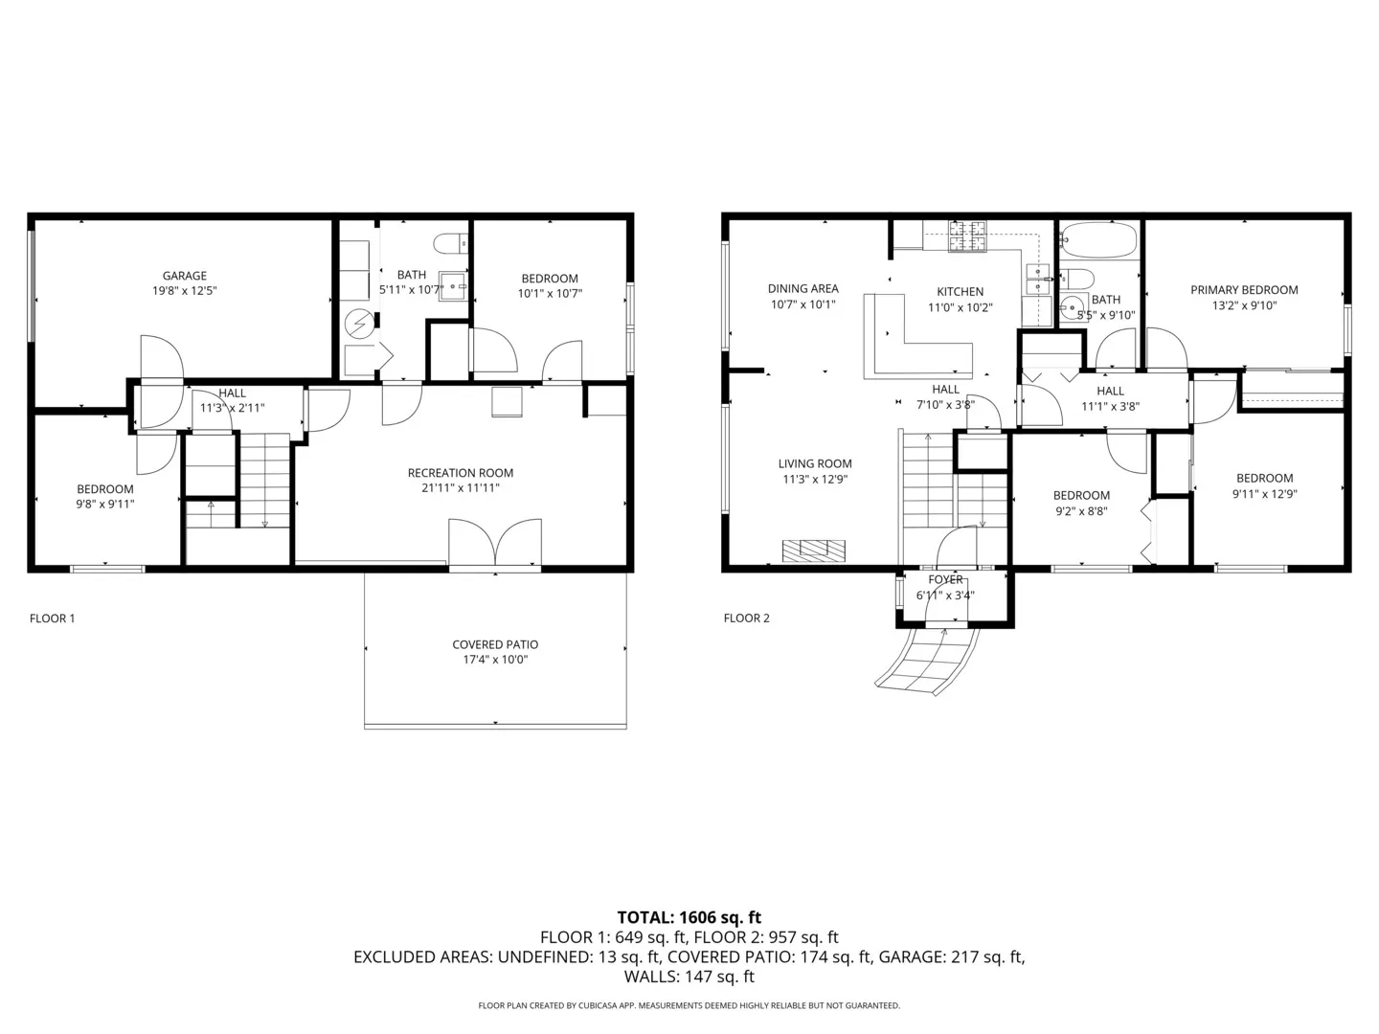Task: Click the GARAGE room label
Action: tap(184, 276)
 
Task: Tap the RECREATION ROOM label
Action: tap(461, 473)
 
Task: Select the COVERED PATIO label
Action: tap(495, 644)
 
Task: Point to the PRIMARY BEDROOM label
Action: tap(1244, 290)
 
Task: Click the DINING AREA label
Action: tap(803, 289)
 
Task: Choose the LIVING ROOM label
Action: tap(815, 464)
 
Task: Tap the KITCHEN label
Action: tap(960, 292)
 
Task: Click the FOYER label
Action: tap(945, 579)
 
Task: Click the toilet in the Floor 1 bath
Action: tap(450, 243)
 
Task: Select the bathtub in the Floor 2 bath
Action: tap(1098, 239)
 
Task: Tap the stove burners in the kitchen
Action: tap(967, 236)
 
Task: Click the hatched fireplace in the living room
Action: tap(814, 551)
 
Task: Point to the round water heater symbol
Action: tap(359, 324)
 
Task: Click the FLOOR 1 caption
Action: tap(52, 618)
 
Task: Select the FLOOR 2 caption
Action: tap(746, 618)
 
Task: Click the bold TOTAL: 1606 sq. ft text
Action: tap(689, 917)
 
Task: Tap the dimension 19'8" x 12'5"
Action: tap(184, 291)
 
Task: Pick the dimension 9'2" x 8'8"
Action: tap(1081, 511)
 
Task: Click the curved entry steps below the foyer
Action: tap(928, 661)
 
